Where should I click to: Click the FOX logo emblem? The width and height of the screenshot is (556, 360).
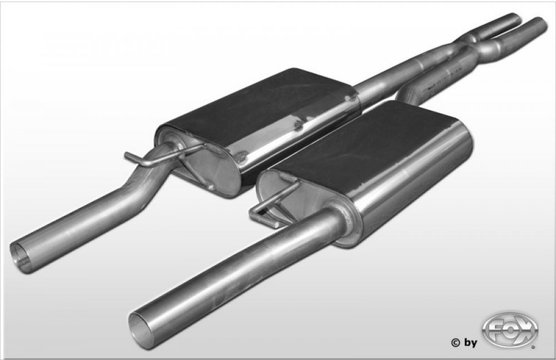tap(510, 330)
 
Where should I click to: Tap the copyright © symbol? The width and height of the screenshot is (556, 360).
tap(455, 343)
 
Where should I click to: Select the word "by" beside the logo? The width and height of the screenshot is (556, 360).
tap(470, 343)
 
